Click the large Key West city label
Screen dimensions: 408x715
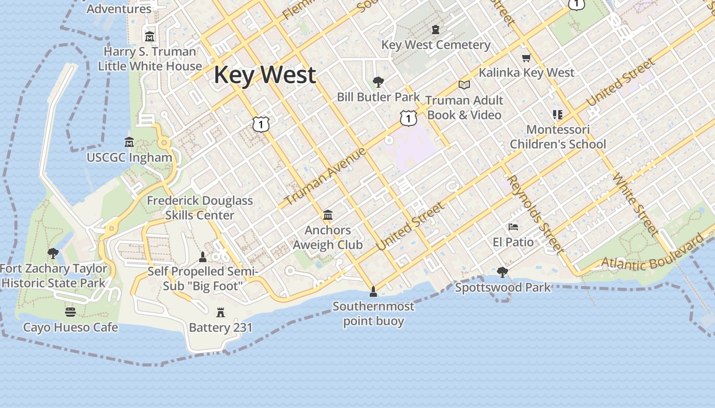point(265,75)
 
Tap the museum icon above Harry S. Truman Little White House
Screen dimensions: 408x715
point(150,37)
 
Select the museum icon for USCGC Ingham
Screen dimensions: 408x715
point(129,142)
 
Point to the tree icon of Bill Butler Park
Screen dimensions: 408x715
point(378,82)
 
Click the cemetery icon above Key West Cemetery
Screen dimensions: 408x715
point(436,30)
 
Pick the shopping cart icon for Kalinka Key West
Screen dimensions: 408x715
point(527,58)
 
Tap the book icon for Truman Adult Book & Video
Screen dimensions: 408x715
point(464,85)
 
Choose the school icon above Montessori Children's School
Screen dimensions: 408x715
point(557,115)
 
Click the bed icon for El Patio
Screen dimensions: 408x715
point(513,226)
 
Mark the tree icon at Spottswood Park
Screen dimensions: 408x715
point(503,272)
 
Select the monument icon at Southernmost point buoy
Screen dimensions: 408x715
point(373,291)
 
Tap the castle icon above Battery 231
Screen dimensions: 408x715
point(221,312)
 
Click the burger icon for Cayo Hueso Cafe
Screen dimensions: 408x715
point(70,312)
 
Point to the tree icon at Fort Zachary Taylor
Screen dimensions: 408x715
point(53,253)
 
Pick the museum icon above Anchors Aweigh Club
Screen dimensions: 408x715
point(328,215)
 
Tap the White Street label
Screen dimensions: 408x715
point(635,204)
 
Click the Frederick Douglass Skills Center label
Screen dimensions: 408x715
point(200,208)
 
